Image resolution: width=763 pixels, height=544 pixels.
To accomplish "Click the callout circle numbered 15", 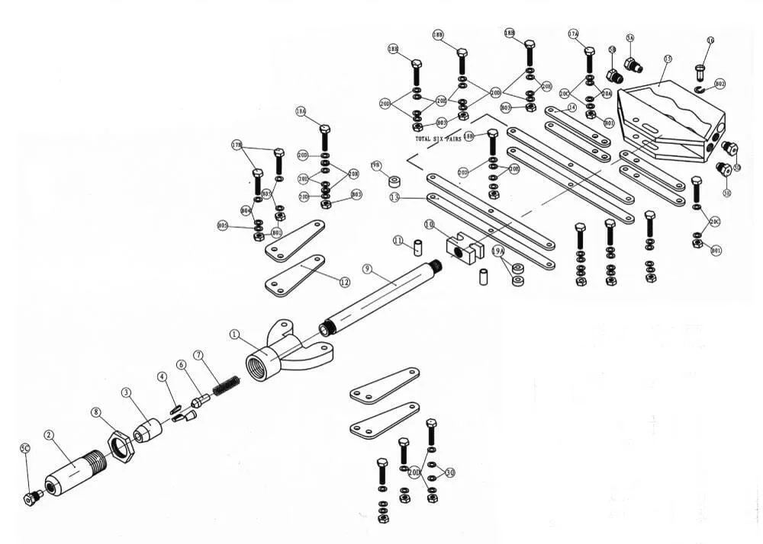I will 668,59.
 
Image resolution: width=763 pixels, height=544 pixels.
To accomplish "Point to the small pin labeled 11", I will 418,248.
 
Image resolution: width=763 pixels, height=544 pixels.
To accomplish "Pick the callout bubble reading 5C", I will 24,449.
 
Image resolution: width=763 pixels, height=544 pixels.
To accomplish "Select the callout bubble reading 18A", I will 301,111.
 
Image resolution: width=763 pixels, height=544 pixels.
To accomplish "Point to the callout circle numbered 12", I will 344,282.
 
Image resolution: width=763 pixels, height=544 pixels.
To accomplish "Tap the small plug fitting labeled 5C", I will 33,498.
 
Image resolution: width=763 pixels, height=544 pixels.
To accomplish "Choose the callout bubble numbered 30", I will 449,473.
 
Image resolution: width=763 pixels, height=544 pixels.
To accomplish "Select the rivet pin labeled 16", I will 700,73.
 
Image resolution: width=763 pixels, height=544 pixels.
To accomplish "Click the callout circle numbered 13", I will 394,197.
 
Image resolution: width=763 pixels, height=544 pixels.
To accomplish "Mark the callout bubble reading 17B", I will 237,144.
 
